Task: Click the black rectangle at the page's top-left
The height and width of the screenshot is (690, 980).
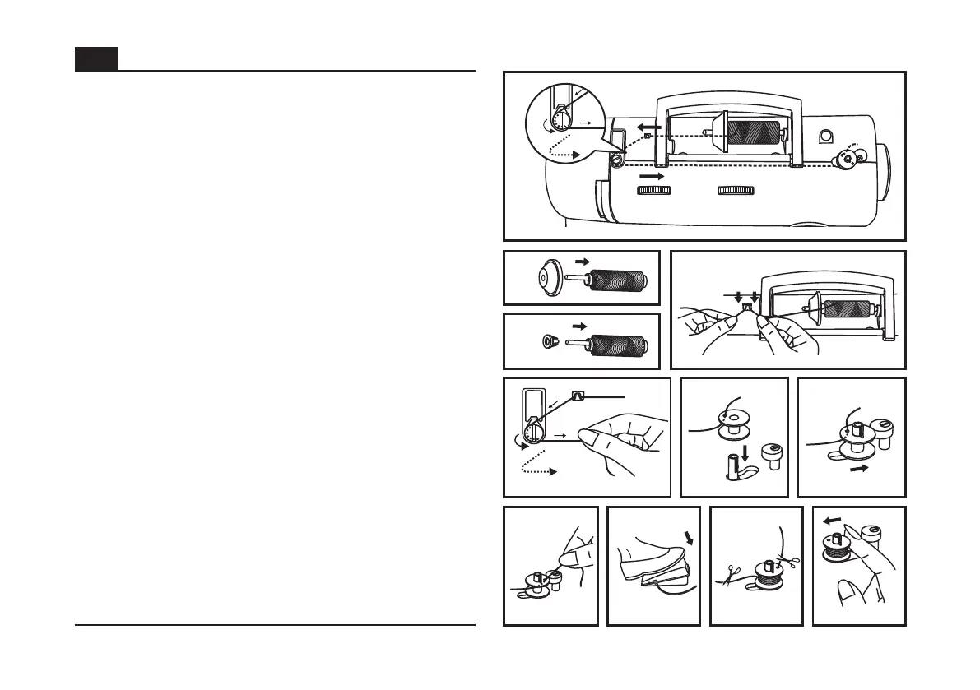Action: (96, 59)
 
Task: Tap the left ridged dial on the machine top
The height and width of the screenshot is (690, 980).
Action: (653, 191)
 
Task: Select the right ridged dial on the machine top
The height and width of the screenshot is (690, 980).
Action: (736, 191)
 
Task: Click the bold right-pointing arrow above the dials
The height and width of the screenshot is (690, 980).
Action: (651, 176)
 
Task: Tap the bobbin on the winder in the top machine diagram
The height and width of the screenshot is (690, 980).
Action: (847, 159)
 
